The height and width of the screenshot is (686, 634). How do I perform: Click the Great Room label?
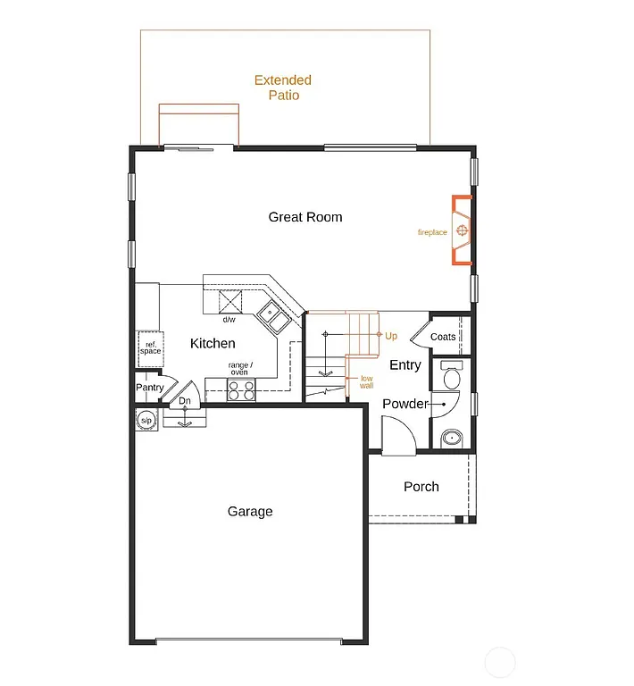pyautogui.click(x=305, y=217)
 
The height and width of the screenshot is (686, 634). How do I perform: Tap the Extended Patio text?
pyautogui.click(x=283, y=88)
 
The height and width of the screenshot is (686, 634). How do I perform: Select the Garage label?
pyautogui.click(x=250, y=512)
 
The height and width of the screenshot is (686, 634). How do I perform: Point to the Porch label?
pyautogui.click(x=421, y=487)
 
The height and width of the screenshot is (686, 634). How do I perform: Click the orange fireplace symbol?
pyautogui.click(x=462, y=231)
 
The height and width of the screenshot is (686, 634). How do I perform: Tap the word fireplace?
pyautogui.click(x=432, y=233)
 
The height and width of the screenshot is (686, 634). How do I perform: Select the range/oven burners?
pyautogui.click(x=241, y=389)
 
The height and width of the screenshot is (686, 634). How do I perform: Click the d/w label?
pyautogui.click(x=229, y=320)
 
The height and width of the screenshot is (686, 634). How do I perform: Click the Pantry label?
pyautogui.click(x=149, y=388)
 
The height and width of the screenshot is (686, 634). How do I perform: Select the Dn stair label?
pyautogui.click(x=185, y=401)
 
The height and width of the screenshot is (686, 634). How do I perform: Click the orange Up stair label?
pyautogui.click(x=391, y=336)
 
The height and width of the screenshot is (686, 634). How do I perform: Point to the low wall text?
pyautogui.click(x=367, y=381)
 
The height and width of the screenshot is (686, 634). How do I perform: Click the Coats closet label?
pyautogui.click(x=443, y=337)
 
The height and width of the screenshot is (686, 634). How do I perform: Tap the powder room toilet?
pyautogui.click(x=449, y=376)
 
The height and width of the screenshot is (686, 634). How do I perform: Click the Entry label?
pyautogui.click(x=405, y=364)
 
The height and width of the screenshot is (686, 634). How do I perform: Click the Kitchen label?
pyautogui.click(x=213, y=343)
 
